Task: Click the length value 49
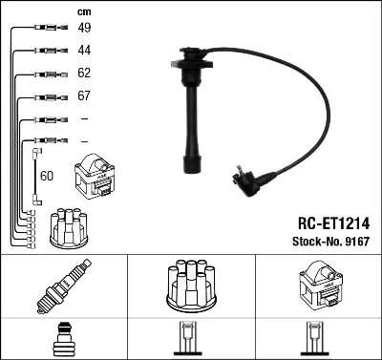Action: tap(84, 28)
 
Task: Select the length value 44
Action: tap(84, 50)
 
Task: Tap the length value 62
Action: tap(84, 74)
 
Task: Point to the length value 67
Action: tap(84, 96)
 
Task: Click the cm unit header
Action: tap(82, 11)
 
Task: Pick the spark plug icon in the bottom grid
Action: tap(63, 289)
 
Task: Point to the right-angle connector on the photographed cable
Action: tap(246, 179)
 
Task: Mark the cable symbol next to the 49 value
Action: tap(45, 28)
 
